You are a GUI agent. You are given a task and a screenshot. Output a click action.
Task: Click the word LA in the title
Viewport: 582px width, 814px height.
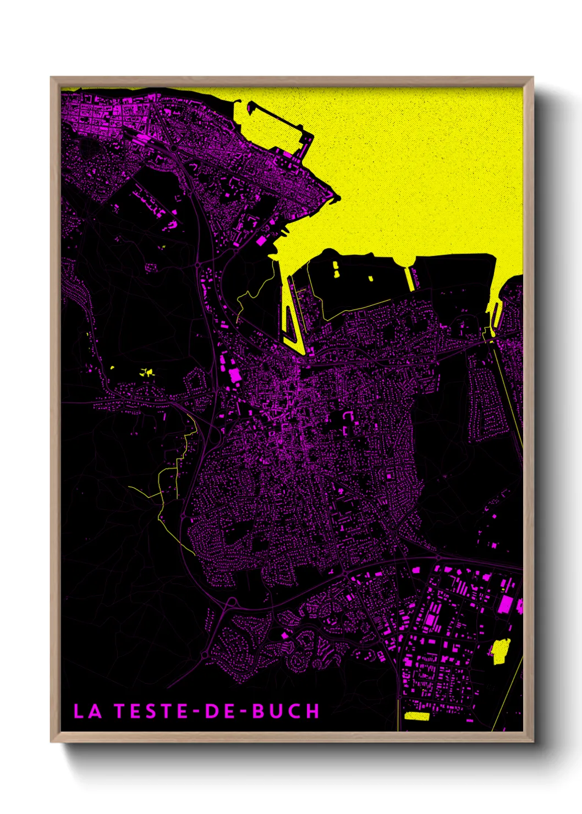coord(87,711)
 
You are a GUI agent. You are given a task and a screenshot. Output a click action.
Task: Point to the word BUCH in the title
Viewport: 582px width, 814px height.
coord(285,711)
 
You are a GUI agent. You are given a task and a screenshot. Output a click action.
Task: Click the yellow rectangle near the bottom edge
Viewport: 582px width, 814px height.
coord(416,716)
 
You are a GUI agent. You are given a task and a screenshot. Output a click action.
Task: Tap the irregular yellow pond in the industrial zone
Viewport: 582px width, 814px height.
coord(500,651)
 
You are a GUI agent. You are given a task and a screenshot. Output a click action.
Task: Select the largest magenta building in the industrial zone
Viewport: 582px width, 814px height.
coord(506,604)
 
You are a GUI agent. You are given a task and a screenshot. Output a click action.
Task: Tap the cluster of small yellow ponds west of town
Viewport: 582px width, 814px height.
coord(147,372)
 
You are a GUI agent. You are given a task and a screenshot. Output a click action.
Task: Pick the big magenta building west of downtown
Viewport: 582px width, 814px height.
coord(235,375)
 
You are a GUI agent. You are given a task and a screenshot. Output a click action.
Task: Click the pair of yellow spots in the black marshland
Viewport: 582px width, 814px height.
coord(336,269)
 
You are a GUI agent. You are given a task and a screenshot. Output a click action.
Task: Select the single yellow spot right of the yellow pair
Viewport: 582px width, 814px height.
coord(371,278)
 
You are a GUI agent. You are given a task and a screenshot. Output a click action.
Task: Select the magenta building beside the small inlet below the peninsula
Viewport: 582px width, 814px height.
coord(261,240)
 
